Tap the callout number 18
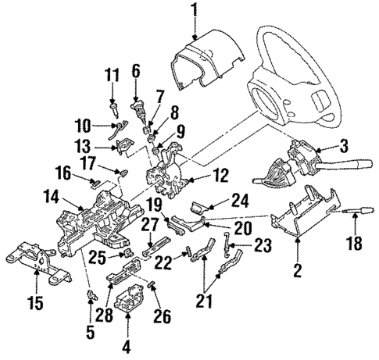tap(355, 244)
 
